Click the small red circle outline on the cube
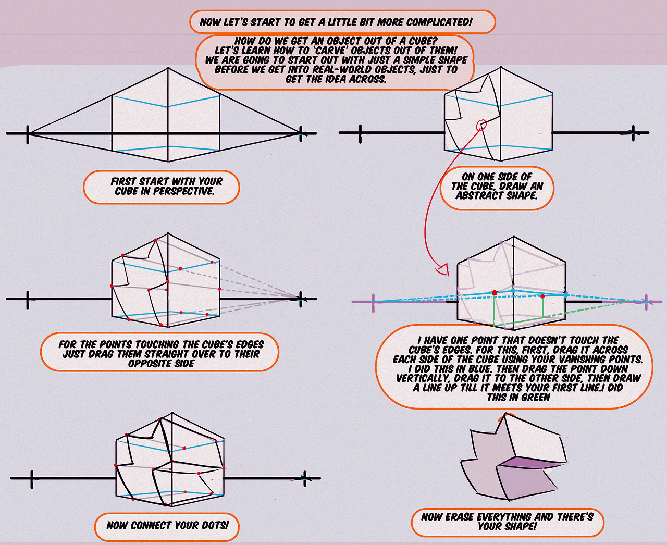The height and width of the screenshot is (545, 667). point(481,125)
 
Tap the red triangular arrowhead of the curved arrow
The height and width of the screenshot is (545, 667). point(443,269)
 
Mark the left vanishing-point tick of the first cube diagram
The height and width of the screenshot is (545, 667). point(28,134)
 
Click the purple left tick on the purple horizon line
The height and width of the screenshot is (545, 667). point(374,302)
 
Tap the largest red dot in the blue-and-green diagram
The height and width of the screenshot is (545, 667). point(494,293)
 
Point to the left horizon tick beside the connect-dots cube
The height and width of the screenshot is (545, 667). point(32,478)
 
